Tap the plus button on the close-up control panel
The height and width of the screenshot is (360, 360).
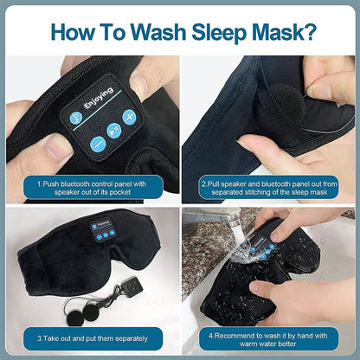coord(129,117)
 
